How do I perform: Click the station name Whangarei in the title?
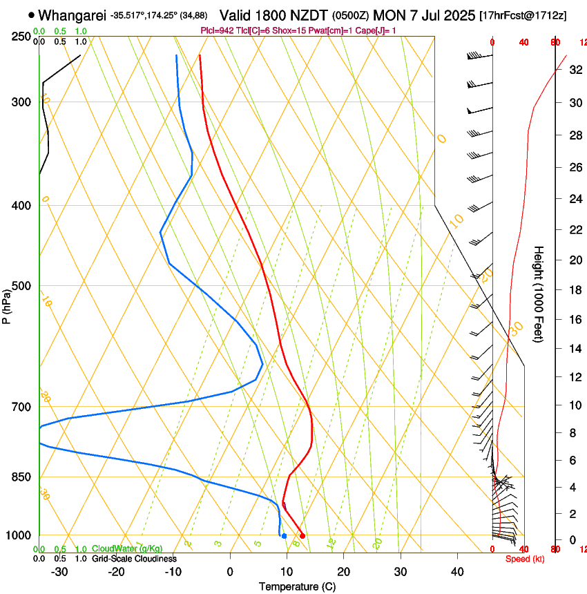pyautogui.click(x=72, y=15)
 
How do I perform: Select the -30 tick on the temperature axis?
pyautogui.click(x=59, y=572)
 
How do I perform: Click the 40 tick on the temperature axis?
pyautogui.click(x=457, y=572)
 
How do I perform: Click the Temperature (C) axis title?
pyautogui.click(x=297, y=586)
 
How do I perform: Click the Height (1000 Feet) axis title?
pyautogui.click(x=539, y=294)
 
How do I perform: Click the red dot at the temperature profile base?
pyautogui.click(x=302, y=536)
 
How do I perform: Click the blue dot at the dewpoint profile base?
pyautogui.click(x=284, y=536)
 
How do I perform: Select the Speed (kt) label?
pyautogui.click(x=525, y=559)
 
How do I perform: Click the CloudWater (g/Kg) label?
pyautogui.click(x=126, y=549)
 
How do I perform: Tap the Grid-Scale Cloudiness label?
pyautogui.click(x=134, y=559)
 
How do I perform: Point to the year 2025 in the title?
pyautogui.click(x=456, y=15)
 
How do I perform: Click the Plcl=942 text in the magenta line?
pyautogui.click(x=216, y=31)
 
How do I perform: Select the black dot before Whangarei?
pyautogui.click(x=32, y=15)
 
